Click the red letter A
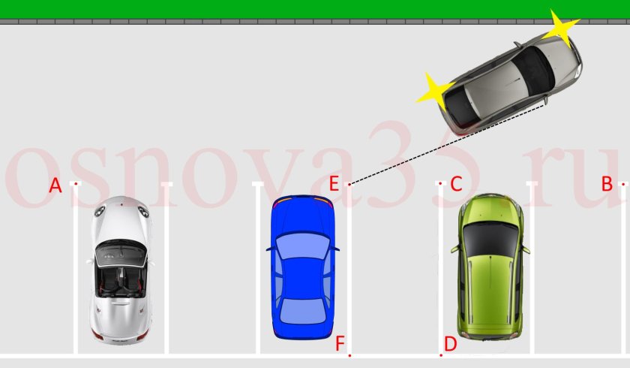point(55,186)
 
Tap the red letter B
point(607,184)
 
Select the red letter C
point(456,184)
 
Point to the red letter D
point(451,344)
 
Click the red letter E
point(334,184)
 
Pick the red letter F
point(340,344)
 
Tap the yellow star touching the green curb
point(561,28)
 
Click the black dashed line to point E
point(447,143)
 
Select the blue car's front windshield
point(302,246)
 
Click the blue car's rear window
point(302,311)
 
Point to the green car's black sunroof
point(490,240)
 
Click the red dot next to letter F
point(350,355)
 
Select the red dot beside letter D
point(441,355)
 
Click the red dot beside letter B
point(623,184)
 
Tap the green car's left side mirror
point(454,248)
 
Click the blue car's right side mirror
point(335,249)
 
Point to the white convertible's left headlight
point(100,210)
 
